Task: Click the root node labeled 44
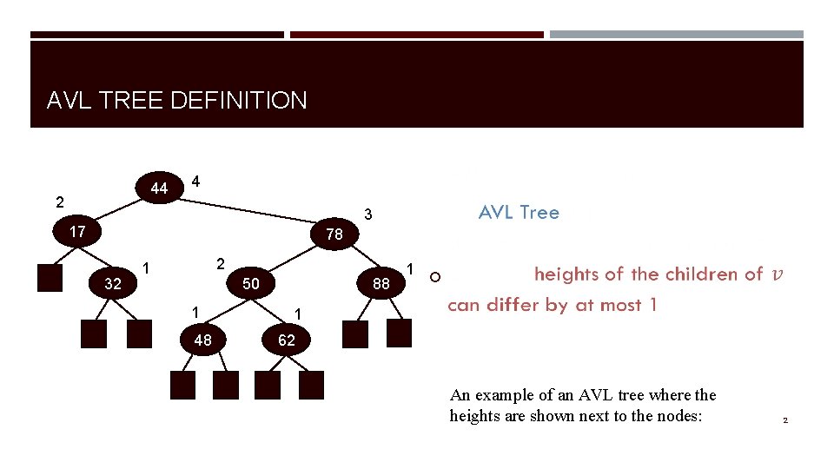159,188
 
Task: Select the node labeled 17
77,232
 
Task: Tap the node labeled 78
334,234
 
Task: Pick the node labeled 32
113,283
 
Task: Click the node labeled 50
251,283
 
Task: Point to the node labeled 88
381,283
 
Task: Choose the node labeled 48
202,340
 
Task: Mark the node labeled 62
287,340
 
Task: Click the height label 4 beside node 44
195,182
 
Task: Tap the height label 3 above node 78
368,214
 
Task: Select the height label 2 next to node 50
221,263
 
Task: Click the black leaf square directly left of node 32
51,276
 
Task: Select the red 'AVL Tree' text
519,213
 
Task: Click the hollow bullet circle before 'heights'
435,277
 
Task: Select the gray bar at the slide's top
676,35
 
